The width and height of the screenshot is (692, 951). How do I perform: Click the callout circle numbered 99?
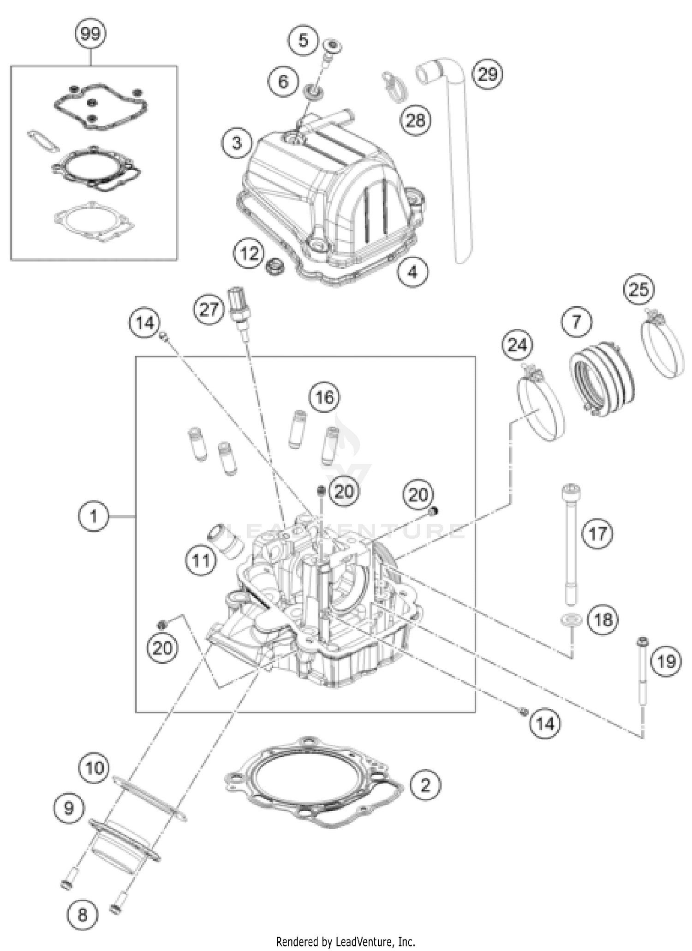(x=90, y=34)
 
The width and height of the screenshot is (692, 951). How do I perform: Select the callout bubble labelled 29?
(x=488, y=74)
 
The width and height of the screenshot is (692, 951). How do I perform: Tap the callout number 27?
(x=209, y=309)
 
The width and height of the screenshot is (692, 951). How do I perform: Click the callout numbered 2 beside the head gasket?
(x=425, y=785)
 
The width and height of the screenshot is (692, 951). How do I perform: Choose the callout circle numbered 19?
(x=666, y=661)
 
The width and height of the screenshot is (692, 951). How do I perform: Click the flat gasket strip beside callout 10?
(x=150, y=798)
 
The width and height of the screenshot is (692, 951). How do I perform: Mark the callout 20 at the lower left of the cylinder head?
(x=162, y=648)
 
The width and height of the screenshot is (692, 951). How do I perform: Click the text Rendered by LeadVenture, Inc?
(x=345, y=941)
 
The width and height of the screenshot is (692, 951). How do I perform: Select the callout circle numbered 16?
(x=324, y=397)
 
